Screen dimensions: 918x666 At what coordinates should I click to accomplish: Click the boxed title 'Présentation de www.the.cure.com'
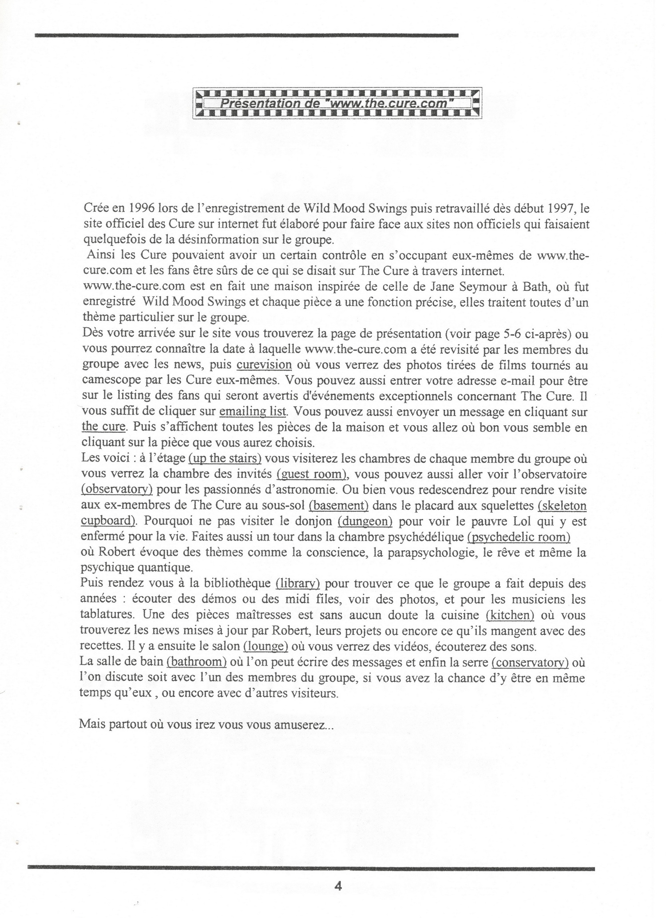point(337,103)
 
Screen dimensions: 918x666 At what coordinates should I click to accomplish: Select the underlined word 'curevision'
point(264,365)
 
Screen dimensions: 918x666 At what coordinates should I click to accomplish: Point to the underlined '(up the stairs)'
point(225,458)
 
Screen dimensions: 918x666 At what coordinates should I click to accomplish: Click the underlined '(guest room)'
point(312,474)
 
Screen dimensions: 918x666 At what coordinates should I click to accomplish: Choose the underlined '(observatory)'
point(117,489)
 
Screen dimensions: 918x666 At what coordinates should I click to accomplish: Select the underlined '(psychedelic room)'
point(519,537)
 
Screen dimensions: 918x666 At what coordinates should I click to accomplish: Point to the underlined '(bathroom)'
point(197,661)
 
